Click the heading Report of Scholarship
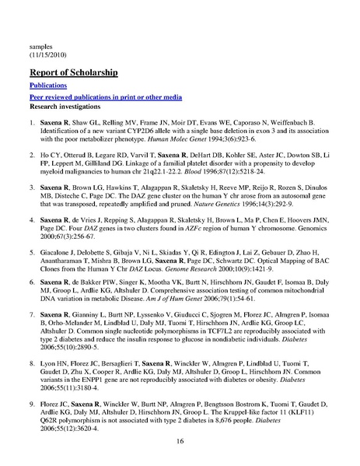click(x=72, y=73)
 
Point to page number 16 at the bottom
click(x=180, y=440)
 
